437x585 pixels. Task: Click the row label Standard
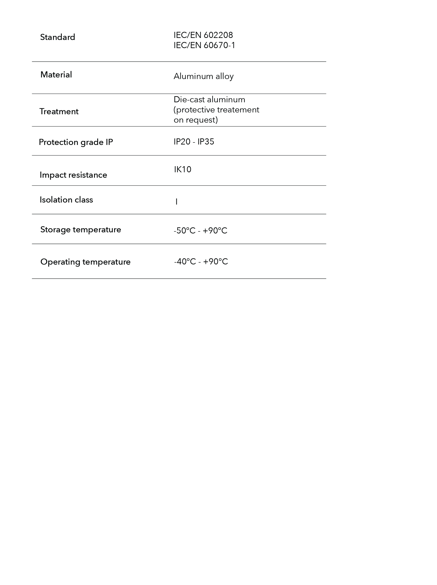[x=57, y=37]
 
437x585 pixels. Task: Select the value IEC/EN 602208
[x=203, y=35]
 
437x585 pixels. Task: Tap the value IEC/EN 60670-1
[x=204, y=45]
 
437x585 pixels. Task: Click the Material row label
[x=56, y=75]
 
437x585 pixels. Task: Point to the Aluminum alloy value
[x=203, y=76]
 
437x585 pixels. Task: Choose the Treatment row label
[x=59, y=111]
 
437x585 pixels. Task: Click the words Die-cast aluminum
[x=209, y=99]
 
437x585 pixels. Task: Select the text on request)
[x=195, y=120]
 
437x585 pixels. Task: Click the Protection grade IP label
[x=76, y=142]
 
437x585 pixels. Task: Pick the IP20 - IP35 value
[x=193, y=142]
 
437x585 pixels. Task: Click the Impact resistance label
[x=73, y=175]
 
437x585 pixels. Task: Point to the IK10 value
[x=182, y=169]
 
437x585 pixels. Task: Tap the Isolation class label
[x=66, y=200]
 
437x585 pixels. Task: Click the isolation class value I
[x=176, y=202]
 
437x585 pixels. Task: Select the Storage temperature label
[x=80, y=230]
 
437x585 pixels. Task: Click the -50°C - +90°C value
[x=200, y=231]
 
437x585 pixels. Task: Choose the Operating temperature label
[x=85, y=262]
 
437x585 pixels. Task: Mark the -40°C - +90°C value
[x=201, y=261]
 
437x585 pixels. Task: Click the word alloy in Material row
[x=224, y=76]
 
